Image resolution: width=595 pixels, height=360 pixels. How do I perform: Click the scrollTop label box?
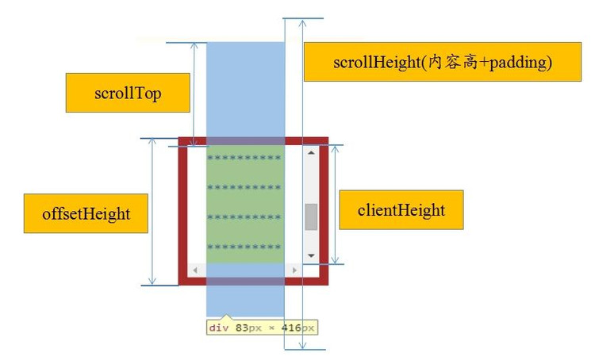point(127,94)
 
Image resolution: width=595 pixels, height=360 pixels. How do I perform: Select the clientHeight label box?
point(401,210)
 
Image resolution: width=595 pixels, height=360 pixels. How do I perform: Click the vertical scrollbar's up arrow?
point(311,152)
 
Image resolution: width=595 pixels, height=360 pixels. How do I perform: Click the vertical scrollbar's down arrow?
point(311,255)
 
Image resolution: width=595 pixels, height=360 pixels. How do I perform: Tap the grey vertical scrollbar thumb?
point(311,216)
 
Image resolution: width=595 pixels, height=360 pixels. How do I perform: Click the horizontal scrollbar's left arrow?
point(195,271)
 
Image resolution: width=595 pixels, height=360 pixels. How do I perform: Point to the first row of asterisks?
point(244,158)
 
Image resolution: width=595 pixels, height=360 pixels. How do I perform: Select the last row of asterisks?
point(244,247)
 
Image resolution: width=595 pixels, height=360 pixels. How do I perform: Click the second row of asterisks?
point(244,187)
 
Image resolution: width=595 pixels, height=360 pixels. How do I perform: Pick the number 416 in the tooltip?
point(288,327)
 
